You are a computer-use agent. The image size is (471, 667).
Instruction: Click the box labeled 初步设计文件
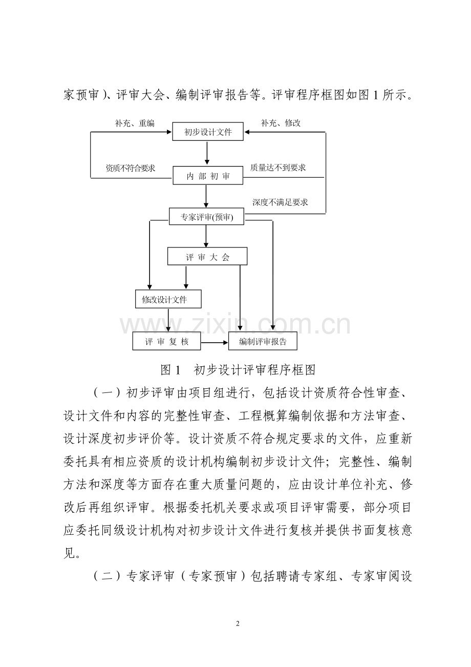pyautogui.click(x=208, y=132)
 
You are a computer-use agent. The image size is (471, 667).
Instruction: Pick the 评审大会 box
pyautogui.click(x=207, y=257)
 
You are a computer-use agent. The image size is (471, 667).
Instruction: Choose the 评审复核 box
pyautogui.click(x=166, y=342)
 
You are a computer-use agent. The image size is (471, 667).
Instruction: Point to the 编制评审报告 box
pyautogui.click(x=263, y=342)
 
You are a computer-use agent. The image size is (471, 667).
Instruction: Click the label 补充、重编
pyautogui.click(x=135, y=123)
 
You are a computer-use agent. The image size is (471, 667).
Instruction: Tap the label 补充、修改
pyautogui.click(x=281, y=123)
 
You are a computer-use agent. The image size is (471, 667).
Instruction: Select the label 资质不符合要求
pyautogui.click(x=131, y=168)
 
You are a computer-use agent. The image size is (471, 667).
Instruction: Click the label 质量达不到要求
pyautogui.click(x=278, y=168)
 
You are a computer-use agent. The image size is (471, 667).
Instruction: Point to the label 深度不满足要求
pyautogui.click(x=280, y=202)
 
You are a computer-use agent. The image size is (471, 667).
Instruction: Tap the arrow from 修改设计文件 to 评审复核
pyautogui.click(x=168, y=321)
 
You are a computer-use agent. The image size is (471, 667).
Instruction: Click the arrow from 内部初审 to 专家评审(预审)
pyautogui.click(x=206, y=197)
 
